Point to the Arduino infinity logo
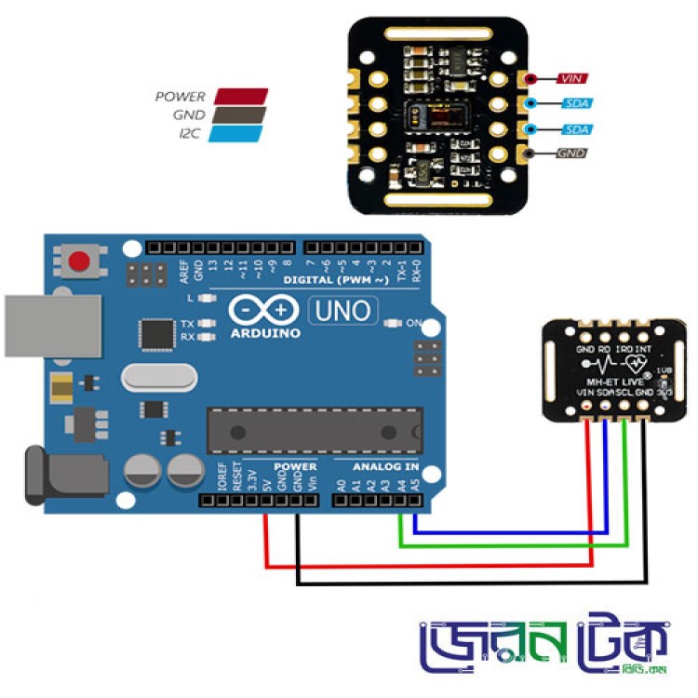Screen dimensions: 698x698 [262, 310]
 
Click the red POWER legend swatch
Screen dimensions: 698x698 [241, 96]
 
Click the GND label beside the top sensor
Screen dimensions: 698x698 [570, 152]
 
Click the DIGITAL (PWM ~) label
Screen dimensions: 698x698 [336, 279]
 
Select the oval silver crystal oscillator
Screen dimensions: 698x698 [159, 377]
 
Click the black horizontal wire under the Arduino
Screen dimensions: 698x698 [465, 584]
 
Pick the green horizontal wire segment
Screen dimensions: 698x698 [512, 545]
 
